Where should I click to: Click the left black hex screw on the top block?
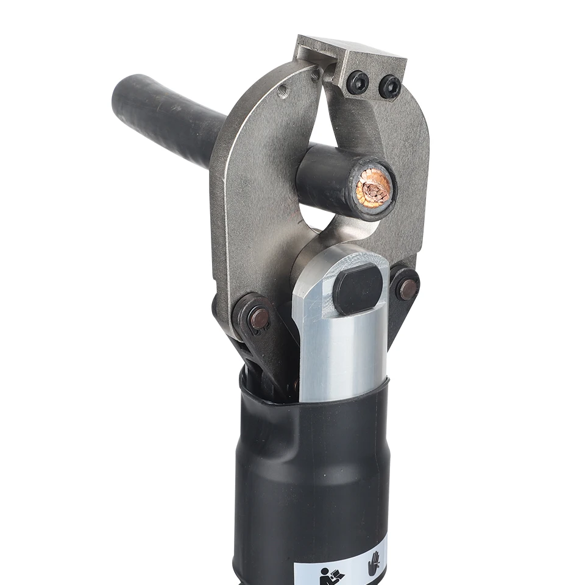pyautogui.click(x=358, y=82)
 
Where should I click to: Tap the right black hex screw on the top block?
pyautogui.click(x=389, y=87)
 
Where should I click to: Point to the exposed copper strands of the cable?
pyautogui.click(x=373, y=188)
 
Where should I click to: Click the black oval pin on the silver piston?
pyautogui.click(x=358, y=289)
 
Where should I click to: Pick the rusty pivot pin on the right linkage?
pyautogui.click(x=406, y=288)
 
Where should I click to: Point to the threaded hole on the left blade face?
pyautogui.click(x=282, y=92)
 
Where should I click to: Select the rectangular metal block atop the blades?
pyautogui.click(x=353, y=61)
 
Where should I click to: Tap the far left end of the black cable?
pyautogui.click(x=122, y=97)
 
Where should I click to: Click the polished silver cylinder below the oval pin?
pyautogui.click(x=341, y=353)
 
